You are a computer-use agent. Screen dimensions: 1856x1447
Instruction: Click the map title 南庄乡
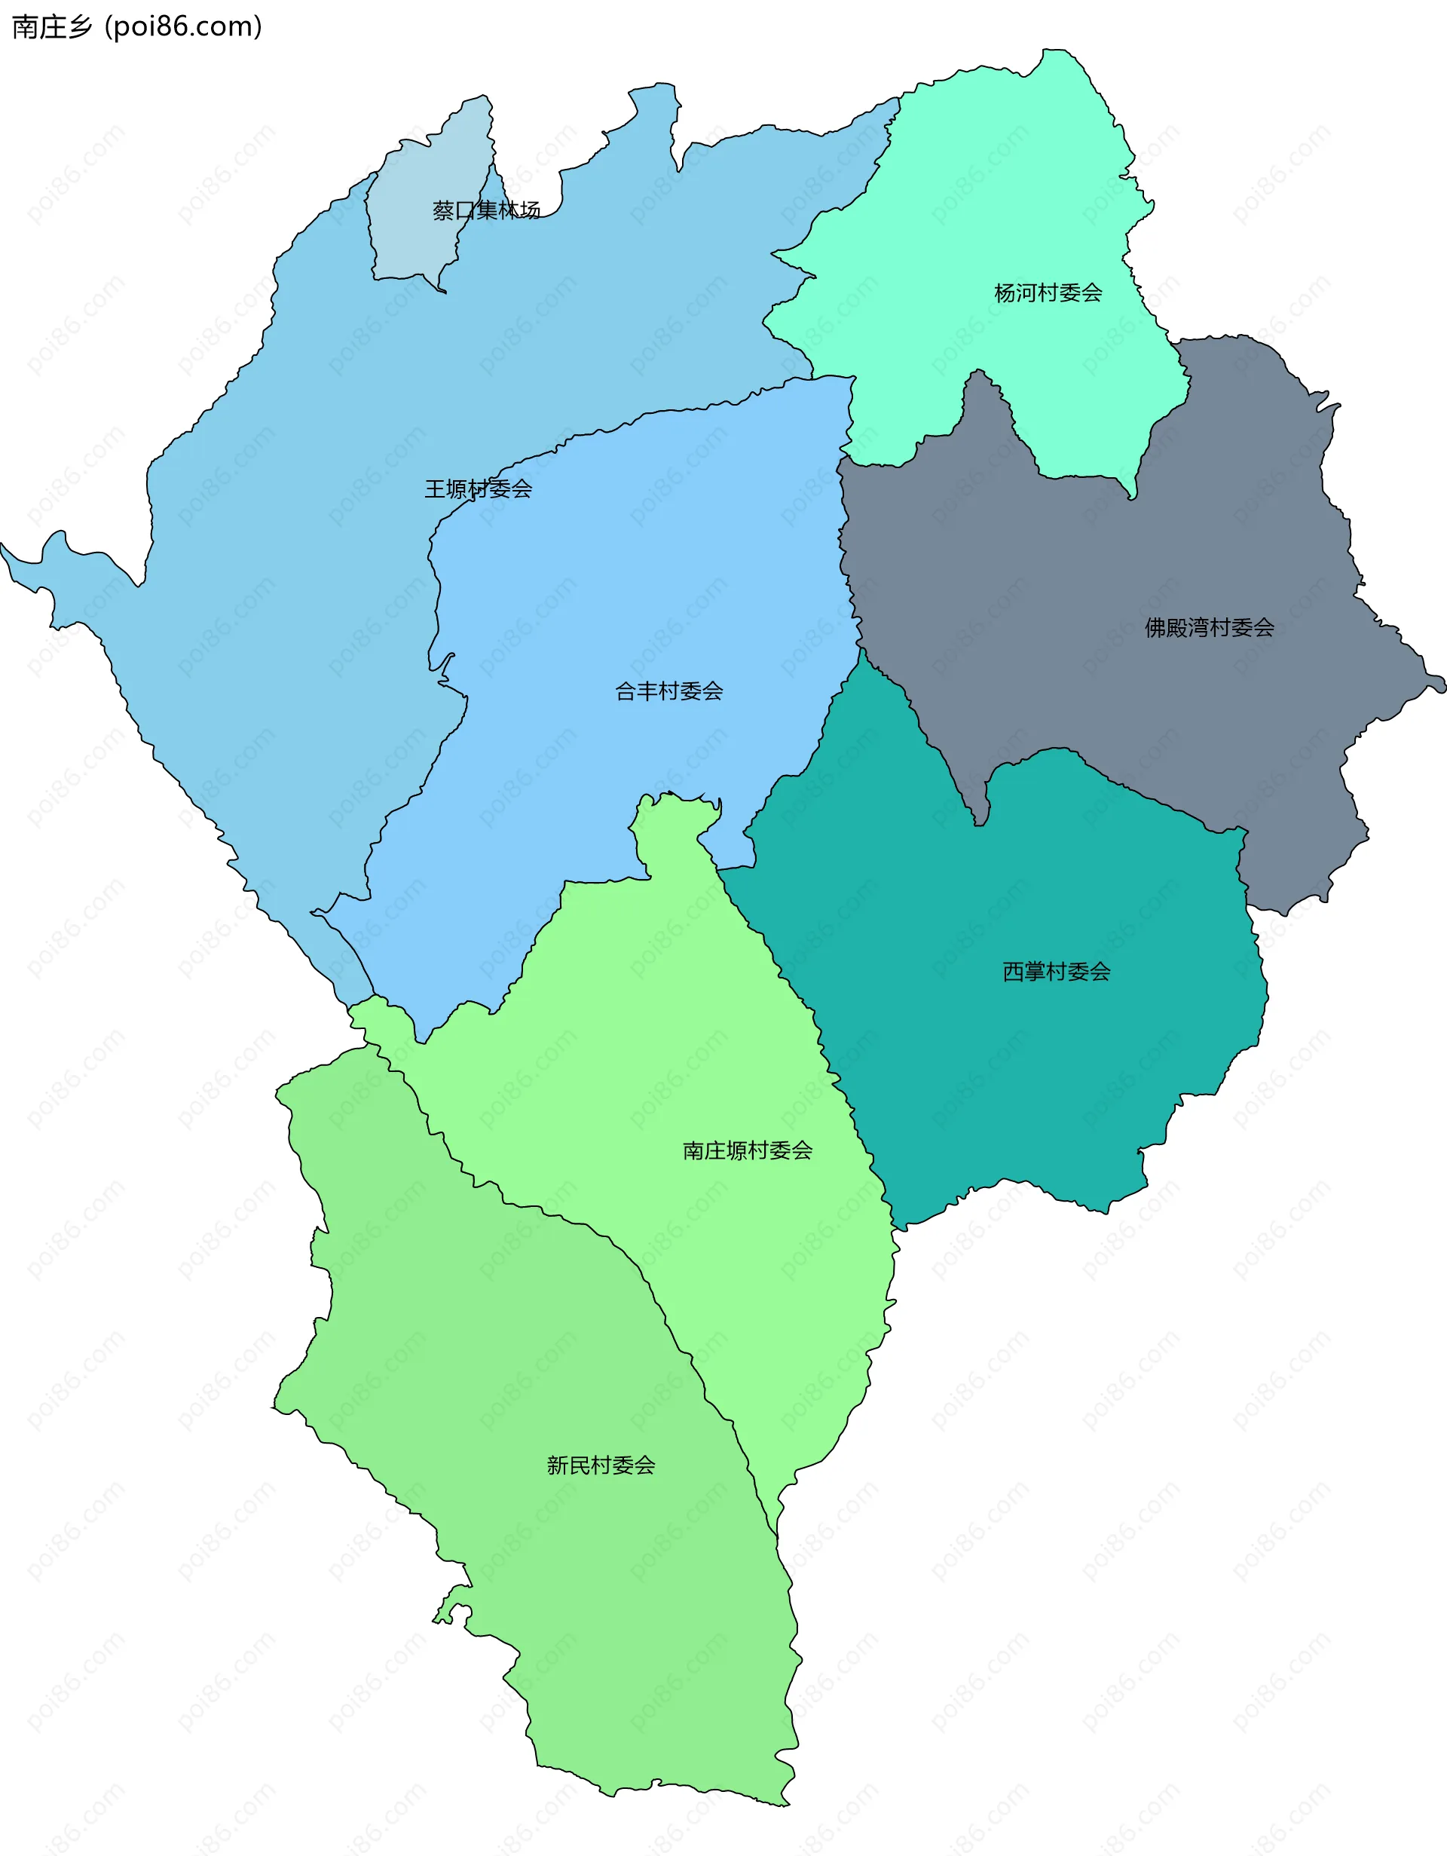point(51,27)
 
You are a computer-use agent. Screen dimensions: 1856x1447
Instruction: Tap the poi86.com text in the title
point(182,27)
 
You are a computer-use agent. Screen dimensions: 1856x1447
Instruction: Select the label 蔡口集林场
point(486,210)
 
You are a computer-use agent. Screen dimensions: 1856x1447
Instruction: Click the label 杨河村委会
point(1048,293)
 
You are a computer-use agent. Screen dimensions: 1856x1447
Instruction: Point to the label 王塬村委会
point(478,489)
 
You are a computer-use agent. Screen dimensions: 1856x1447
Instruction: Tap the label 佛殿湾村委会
point(1208,628)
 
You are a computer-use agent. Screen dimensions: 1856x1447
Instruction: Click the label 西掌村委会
point(1056,971)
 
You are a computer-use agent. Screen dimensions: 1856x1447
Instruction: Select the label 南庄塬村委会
point(747,1150)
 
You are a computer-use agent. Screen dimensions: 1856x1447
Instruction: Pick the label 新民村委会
point(601,1465)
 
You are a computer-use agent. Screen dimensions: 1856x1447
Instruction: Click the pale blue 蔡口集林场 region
point(416,247)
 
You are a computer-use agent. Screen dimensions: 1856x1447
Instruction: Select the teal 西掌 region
point(1020,1062)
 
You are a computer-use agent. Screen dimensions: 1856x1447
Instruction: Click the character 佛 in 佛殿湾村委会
point(1155,628)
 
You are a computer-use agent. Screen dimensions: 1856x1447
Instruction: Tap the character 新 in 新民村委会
point(558,1465)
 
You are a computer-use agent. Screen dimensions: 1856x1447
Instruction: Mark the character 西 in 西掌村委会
point(1014,971)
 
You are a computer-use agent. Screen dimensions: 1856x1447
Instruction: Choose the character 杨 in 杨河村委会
point(1005,293)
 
